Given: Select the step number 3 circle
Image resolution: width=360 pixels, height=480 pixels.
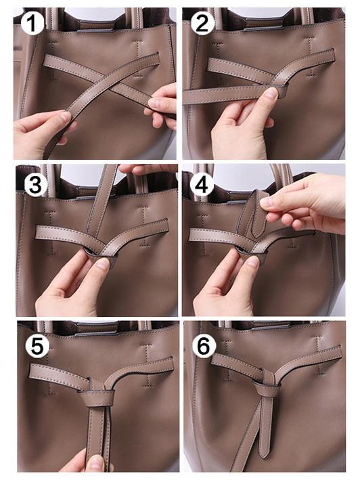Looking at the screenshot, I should (32, 183).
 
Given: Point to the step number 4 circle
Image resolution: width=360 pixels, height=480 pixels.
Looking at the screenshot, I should (202, 183).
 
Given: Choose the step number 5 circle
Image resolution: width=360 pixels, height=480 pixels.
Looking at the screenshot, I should (37, 345).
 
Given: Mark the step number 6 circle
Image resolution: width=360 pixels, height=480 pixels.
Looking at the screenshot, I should (203, 345).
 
